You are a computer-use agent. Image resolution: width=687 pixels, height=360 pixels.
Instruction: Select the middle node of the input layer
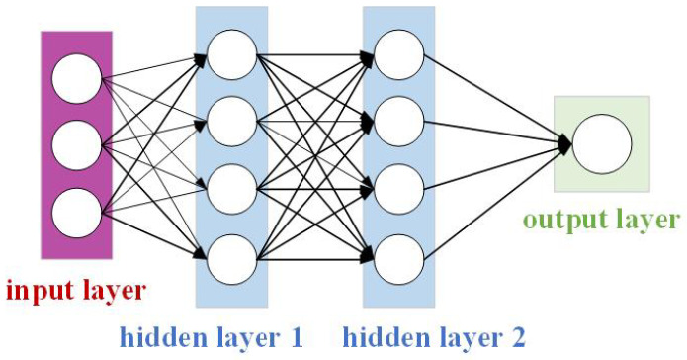(77, 146)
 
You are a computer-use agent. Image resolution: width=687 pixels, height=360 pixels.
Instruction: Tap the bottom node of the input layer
(77, 211)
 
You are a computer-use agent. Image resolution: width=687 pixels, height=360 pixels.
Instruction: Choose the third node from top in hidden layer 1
(232, 186)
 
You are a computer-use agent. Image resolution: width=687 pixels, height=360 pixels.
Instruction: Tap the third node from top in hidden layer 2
(398, 186)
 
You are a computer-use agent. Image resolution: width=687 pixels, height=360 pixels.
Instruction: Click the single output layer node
(602, 143)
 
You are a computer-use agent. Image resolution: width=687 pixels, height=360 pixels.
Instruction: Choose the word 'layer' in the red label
(111, 292)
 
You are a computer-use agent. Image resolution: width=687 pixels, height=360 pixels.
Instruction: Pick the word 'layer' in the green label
(648, 221)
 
